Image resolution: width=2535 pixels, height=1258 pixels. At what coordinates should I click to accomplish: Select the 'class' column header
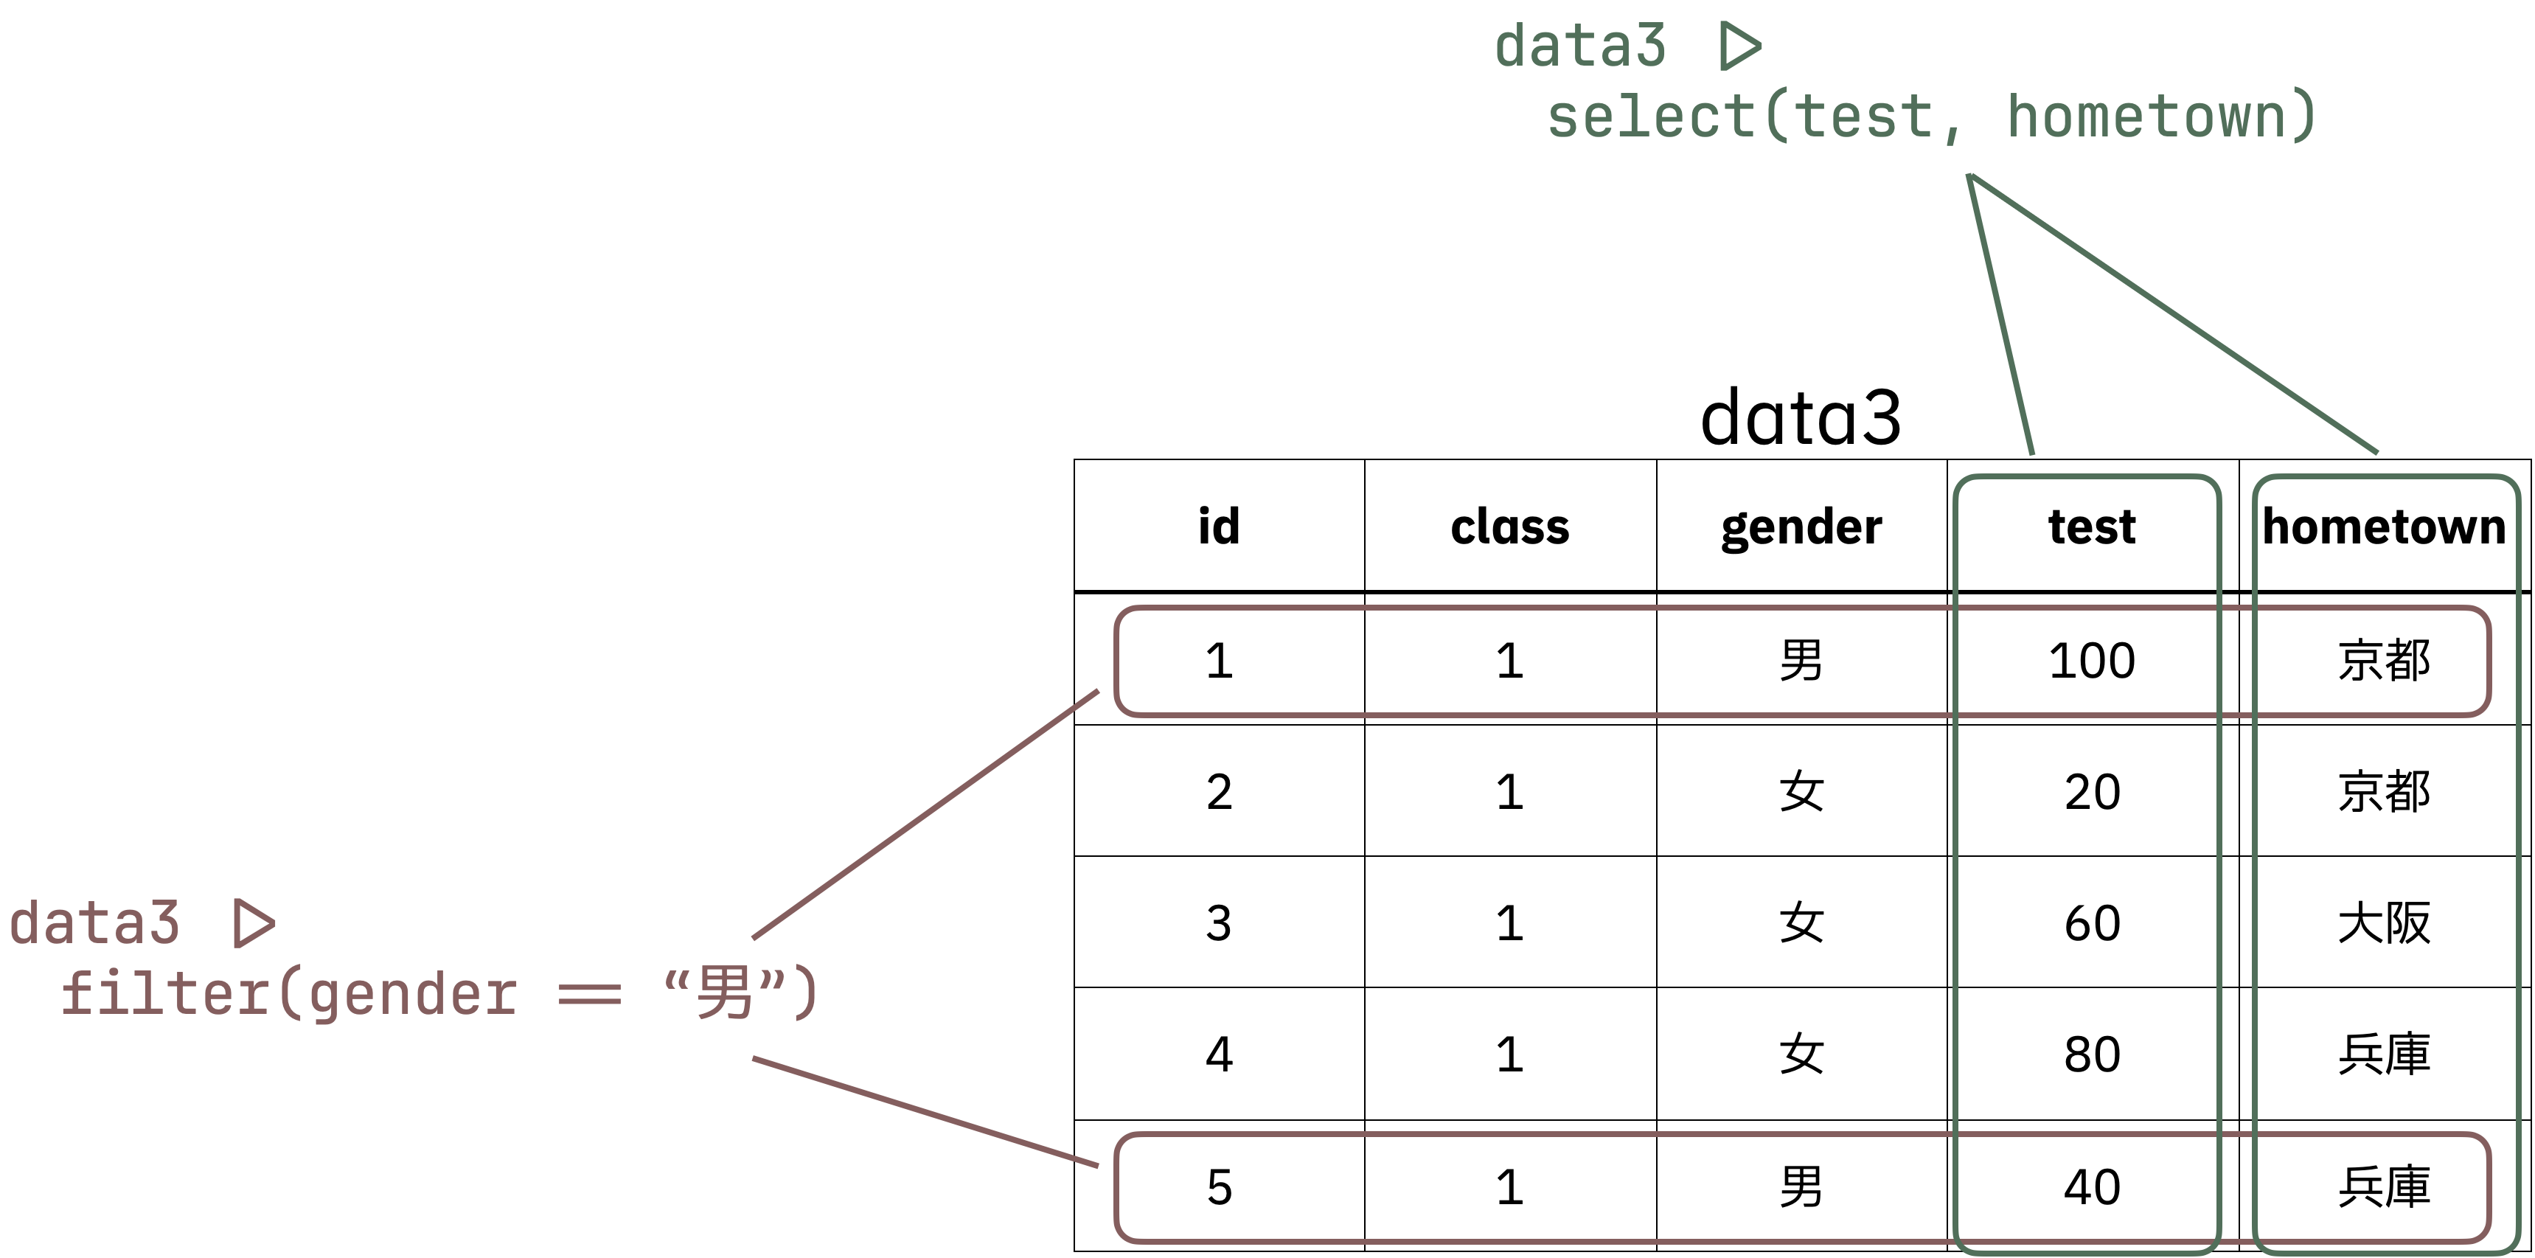click(x=1509, y=526)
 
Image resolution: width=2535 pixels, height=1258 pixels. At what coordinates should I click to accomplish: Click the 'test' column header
click(x=2091, y=526)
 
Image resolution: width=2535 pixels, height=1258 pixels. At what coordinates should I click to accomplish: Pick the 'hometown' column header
click(x=2383, y=526)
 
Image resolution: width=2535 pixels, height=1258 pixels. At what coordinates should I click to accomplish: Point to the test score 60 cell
click(x=2091, y=923)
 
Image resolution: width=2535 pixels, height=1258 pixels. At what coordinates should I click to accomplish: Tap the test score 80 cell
click(x=2091, y=1055)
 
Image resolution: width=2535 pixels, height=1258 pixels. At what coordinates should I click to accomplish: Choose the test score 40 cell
click(x=2091, y=1187)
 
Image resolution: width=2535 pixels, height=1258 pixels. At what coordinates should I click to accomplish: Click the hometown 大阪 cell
click(x=2383, y=923)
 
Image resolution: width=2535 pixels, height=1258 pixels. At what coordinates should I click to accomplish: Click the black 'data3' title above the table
click(x=1801, y=417)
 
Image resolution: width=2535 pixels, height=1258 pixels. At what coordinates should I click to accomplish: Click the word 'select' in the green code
click(x=1650, y=117)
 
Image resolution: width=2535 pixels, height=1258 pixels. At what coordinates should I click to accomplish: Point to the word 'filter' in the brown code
click(x=164, y=993)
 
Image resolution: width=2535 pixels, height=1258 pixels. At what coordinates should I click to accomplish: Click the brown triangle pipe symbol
click(x=253, y=923)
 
